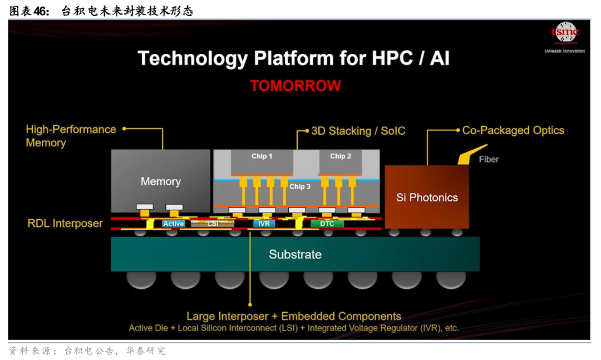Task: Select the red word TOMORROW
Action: pos(295,86)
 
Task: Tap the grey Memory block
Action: pos(160,181)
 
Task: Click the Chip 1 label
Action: pos(262,156)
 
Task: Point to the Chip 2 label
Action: pos(341,156)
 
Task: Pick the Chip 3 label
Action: pos(300,186)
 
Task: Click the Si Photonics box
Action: pos(427,198)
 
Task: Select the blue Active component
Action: pos(173,224)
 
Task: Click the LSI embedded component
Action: pos(213,224)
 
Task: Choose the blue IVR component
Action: pos(263,224)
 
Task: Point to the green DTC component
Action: pos(327,224)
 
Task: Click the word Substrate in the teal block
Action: pos(295,254)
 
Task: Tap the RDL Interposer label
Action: pos(65,224)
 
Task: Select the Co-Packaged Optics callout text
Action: pos(513,130)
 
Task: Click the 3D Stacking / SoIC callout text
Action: pos(358,131)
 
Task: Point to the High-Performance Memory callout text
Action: pos(71,136)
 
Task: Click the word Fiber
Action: pos(489,159)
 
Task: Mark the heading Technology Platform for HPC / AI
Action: pos(293,58)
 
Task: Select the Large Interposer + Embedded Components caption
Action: pos(293,317)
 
